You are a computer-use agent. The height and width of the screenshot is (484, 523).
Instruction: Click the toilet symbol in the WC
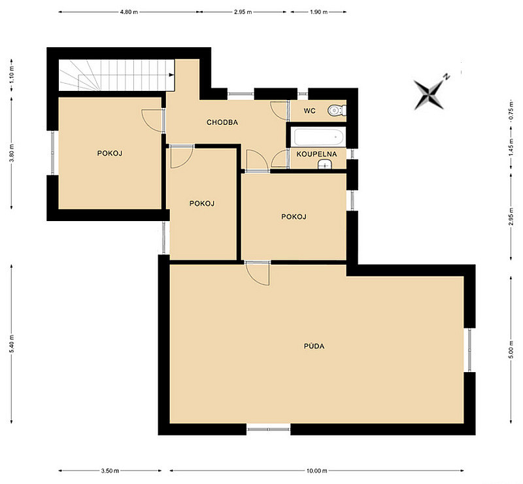pos(337,111)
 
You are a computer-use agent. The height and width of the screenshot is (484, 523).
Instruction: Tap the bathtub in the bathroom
pos(318,137)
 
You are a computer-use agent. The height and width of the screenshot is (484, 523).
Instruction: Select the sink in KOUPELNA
pos(324,165)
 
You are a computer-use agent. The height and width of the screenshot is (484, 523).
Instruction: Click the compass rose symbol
pos(430,93)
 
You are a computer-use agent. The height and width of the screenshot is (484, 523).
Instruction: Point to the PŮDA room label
pos(314,346)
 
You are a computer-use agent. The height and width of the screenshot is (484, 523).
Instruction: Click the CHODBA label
pos(222,122)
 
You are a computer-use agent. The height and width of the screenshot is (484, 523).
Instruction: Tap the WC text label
pos(309,111)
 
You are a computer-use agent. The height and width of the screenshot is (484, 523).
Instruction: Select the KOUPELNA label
pos(316,154)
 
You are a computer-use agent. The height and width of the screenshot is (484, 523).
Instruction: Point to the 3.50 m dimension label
pos(110,471)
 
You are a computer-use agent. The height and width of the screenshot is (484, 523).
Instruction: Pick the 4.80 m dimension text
pos(129,12)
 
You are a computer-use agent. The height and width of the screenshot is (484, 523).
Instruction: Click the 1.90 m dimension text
pos(318,12)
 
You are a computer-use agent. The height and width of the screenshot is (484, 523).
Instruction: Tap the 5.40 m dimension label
pos(12,343)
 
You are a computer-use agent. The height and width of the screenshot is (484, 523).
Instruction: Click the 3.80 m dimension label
pos(12,153)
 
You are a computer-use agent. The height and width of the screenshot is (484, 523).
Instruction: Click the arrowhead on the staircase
pos(171,75)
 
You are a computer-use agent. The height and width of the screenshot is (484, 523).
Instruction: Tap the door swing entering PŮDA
pos(258,273)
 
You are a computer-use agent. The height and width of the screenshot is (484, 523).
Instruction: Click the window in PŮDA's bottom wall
pos(269,429)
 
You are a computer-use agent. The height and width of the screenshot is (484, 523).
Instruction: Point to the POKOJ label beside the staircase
pos(110,153)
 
